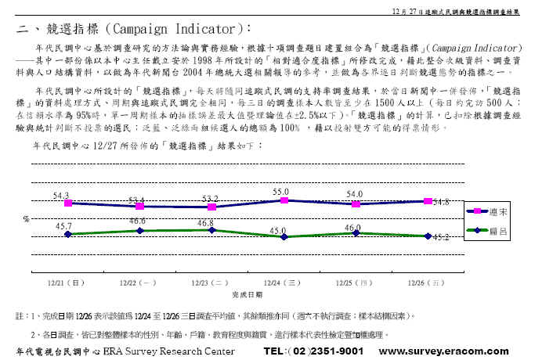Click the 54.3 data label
point(61,195)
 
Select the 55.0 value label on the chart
point(281,192)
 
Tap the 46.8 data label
point(206,222)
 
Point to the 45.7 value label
point(62,225)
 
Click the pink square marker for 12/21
point(67,203)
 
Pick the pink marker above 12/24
point(284,200)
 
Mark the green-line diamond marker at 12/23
point(211,230)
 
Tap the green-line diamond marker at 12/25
point(356,232)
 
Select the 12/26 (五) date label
point(428,282)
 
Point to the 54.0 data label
point(354,194)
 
